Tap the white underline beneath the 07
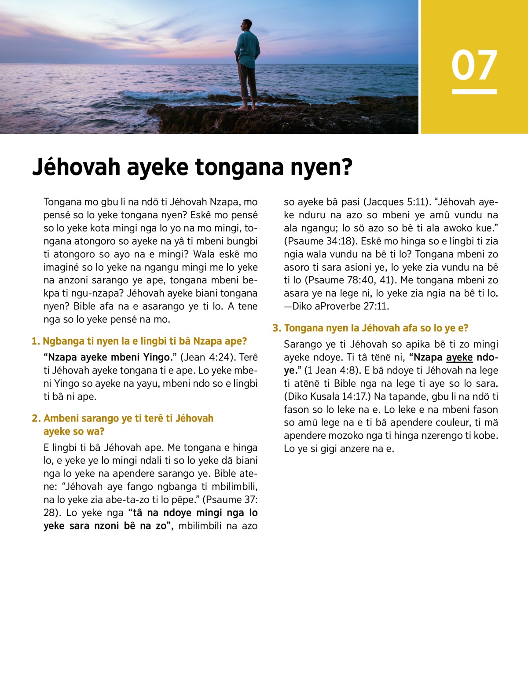(474, 92)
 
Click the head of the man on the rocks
(247, 26)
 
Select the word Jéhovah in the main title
(76, 167)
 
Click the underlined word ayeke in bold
(459, 357)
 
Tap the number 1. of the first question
(36, 341)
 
